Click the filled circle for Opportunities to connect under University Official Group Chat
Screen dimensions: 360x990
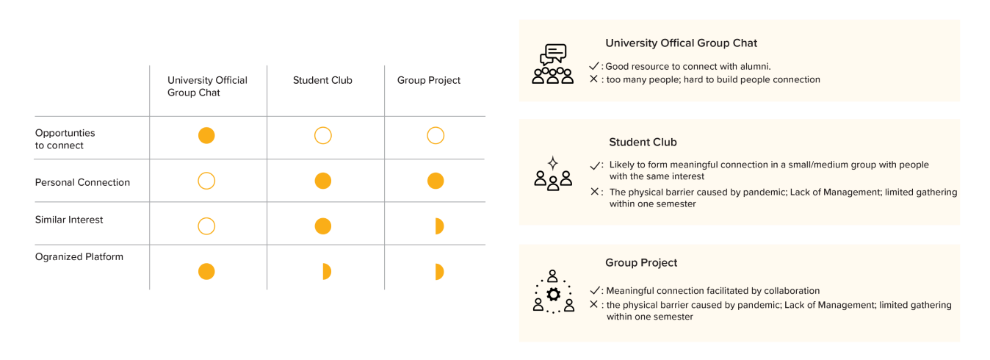tap(206, 136)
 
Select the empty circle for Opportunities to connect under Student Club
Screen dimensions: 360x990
tap(322, 136)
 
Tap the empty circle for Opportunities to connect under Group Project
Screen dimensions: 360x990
tap(436, 136)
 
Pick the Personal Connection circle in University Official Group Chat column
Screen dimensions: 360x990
tap(206, 181)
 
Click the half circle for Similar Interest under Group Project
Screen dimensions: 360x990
tap(438, 226)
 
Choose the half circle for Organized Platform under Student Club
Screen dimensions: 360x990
tap(325, 272)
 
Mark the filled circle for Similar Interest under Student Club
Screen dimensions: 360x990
tap(322, 226)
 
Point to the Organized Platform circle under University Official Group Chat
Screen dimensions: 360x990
tap(206, 272)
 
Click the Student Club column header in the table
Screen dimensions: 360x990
tap(322, 80)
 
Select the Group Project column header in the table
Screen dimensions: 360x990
tap(429, 80)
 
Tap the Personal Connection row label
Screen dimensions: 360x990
tap(82, 182)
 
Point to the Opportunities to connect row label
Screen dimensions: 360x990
tap(65, 139)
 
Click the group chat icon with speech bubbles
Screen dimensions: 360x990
tap(552, 65)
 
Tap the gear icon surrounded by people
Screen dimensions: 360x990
tap(553, 294)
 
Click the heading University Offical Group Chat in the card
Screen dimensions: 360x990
tap(681, 43)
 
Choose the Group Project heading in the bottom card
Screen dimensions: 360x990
tap(641, 262)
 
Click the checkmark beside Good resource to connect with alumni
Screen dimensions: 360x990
tap(594, 66)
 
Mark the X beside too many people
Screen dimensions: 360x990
tap(593, 79)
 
